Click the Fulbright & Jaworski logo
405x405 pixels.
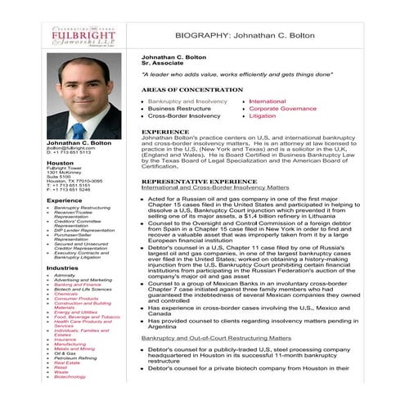tap(78, 37)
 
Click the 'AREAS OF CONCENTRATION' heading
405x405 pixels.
tap(188, 88)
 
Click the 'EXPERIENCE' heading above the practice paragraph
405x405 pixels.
tap(165, 132)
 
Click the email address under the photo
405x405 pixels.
tap(70, 148)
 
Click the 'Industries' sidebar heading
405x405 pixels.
tap(62, 268)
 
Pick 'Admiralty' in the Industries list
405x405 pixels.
tap(65, 276)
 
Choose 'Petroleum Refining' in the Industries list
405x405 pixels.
tap(74, 358)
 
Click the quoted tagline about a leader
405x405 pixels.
tap(225, 74)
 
